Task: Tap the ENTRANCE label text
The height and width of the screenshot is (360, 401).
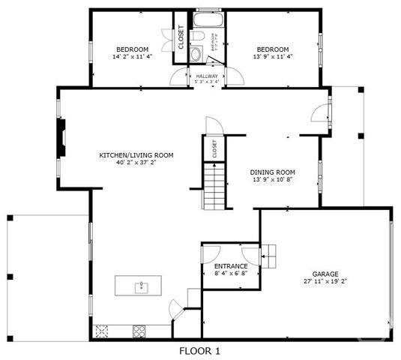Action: pyautogui.click(x=231, y=266)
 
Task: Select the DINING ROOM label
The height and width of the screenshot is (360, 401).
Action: pyautogui.click(x=272, y=172)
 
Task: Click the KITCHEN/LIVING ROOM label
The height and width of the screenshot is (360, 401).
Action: pyautogui.click(x=136, y=155)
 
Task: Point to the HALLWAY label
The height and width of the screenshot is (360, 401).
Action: pyautogui.click(x=207, y=76)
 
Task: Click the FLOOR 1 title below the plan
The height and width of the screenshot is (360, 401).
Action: pyautogui.click(x=200, y=350)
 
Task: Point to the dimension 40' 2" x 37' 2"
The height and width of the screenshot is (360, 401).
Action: pyautogui.click(x=136, y=163)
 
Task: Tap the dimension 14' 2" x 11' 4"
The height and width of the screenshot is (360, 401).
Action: pyautogui.click(x=133, y=57)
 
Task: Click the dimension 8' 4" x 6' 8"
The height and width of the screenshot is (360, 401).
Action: pyautogui.click(x=231, y=274)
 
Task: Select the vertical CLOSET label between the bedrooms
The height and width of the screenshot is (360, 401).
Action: pyautogui.click(x=181, y=37)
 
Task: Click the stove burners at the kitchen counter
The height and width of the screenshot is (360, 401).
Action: pyautogui.click(x=139, y=329)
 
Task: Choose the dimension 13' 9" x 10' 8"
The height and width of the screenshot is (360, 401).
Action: pyautogui.click(x=272, y=180)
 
